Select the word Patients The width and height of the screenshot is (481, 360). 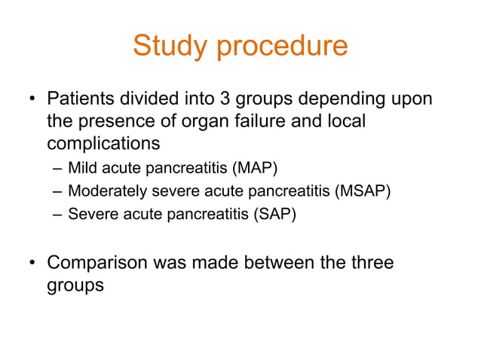(82, 99)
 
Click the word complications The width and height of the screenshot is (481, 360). (103, 142)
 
